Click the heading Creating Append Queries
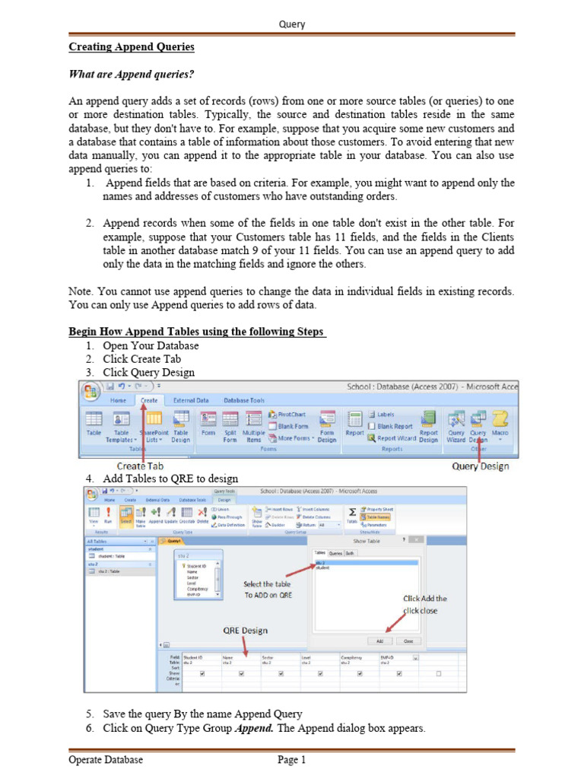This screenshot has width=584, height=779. click(x=132, y=47)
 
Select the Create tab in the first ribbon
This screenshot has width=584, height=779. click(x=149, y=400)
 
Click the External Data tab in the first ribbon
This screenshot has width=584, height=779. click(x=191, y=400)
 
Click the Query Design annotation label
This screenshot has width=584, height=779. click(x=480, y=466)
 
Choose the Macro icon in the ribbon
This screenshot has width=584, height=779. click(x=500, y=423)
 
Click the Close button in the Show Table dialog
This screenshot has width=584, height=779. click(x=408, y=641)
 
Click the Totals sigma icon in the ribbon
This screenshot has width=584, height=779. click(x=352, y=513)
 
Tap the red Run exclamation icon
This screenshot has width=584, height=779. click(x=108, y=514)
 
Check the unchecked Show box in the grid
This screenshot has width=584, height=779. click(x=438, y=673)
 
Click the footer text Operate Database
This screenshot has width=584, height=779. click(x=106, y=759)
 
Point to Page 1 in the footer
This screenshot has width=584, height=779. click(x=291, y=759)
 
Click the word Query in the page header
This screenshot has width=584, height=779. click(x=292, y=24)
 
